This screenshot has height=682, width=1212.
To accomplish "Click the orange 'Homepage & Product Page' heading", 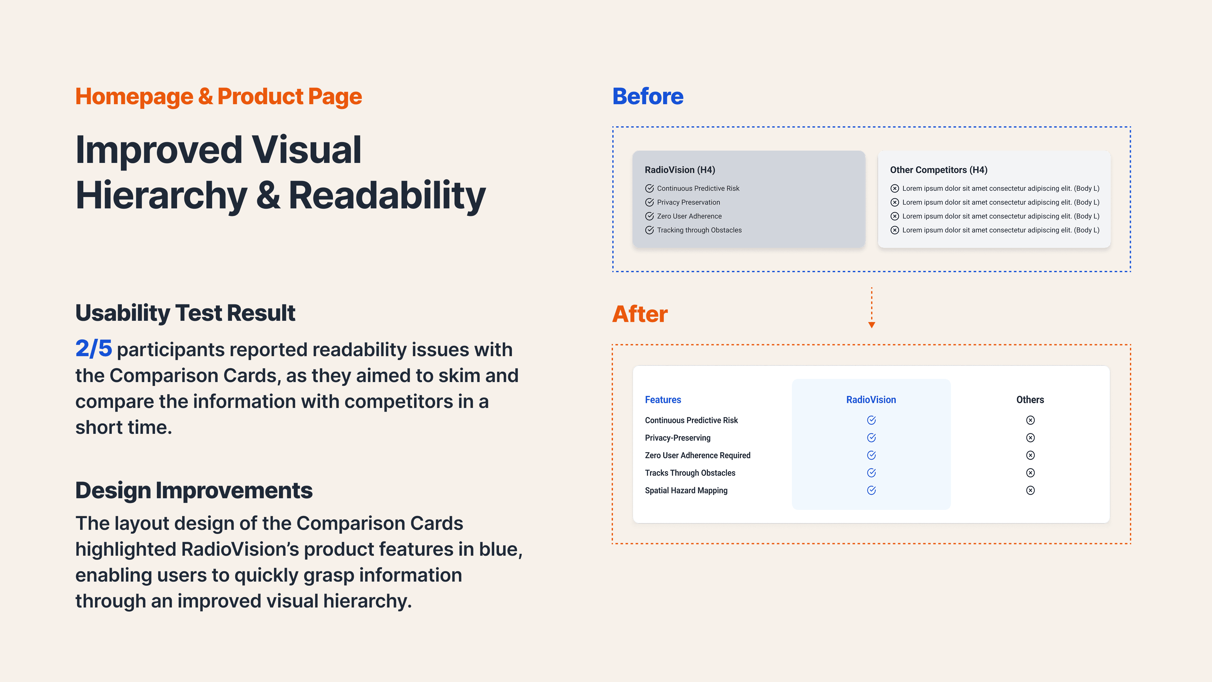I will click(x=218, y=97).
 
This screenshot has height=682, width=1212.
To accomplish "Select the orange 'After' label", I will click(x=639, y=314).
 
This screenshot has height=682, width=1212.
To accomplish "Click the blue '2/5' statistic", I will click(x=94, y=349).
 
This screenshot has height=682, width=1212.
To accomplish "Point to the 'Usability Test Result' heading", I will click(x=185, y=313).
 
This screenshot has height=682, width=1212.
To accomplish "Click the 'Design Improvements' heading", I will click(x=193, y=490).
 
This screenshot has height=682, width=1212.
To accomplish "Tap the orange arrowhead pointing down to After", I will click(x=871, y=325).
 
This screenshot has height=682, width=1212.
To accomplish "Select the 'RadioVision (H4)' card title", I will click(x=680, y=170).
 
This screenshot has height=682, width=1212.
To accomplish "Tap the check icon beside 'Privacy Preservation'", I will click(x=649, y=202).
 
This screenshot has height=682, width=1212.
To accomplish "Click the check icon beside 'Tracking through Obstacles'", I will click(x=649, y=230).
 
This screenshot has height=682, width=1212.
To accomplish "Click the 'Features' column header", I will click(x=662, y=400).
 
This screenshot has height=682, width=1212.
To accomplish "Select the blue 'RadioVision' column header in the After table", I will click(x=871, y=400).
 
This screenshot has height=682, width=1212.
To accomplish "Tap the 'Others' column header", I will click(x=1030, y=400).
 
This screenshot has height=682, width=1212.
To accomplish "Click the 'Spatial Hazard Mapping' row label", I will click(x=686, y=490).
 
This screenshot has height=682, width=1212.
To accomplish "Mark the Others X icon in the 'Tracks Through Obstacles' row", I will click(x=1030, y=473).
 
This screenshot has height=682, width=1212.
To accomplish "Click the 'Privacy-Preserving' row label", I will click(x=678, y=438).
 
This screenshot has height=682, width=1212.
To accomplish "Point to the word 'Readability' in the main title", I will click(x=387, y=195).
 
